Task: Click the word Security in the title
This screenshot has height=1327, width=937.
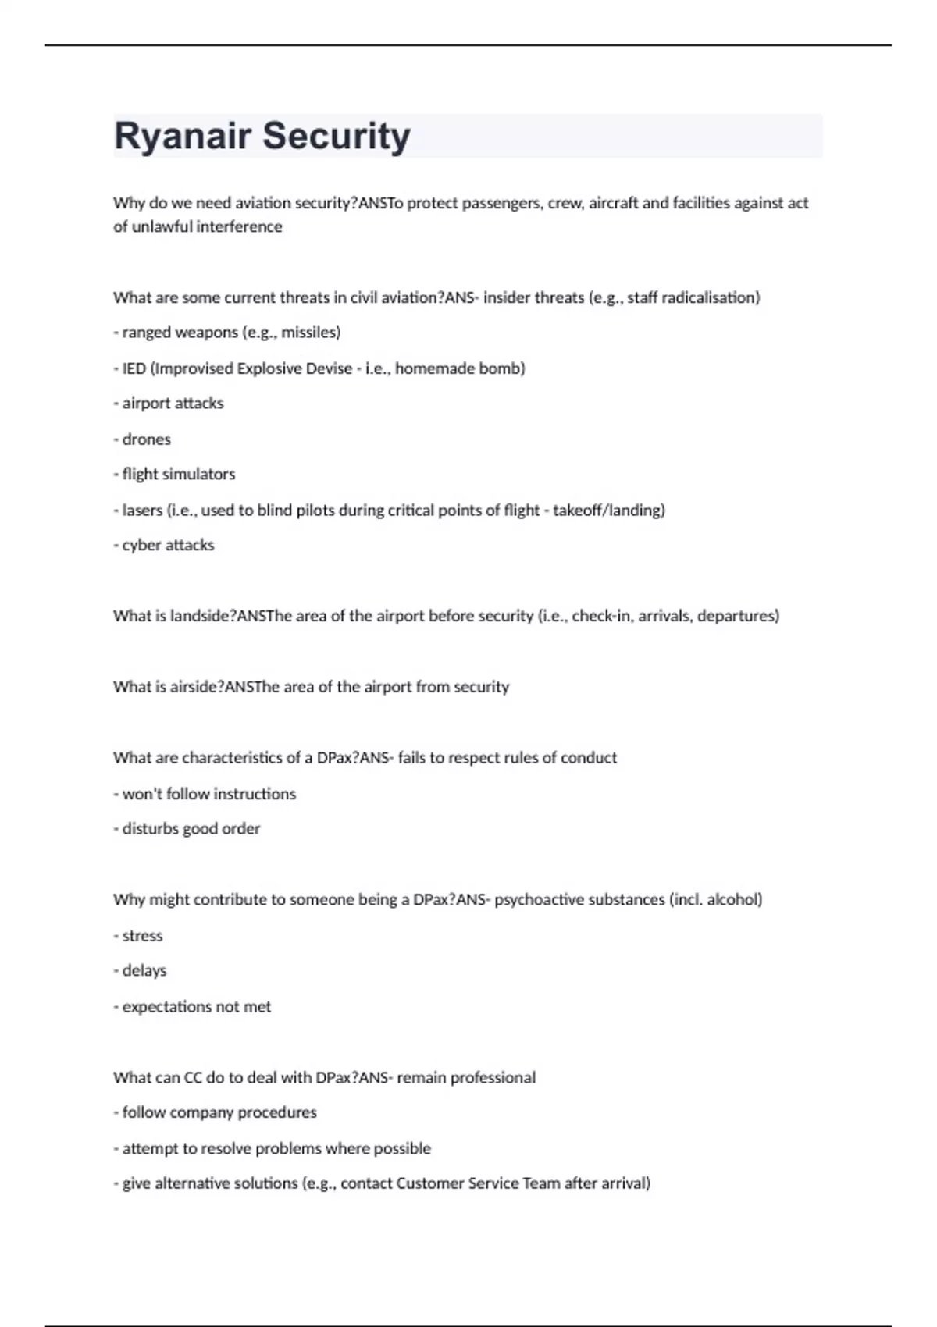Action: pyautogui.click(x=336, y=137)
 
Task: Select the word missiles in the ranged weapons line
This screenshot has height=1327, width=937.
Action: pyautogui.click(x=310, y=333)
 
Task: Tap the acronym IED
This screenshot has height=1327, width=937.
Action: pyautogui.click(x=134, y=368)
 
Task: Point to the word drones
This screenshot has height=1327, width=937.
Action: pyautogui.click(x=146, y=439)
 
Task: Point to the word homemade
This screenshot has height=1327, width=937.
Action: pyautogui.click(x=434, y=368)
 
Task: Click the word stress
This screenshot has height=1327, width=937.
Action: pyautogui.click(x=142, y=936)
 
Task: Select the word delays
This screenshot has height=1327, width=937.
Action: pyautogui.click(x=144, y=971)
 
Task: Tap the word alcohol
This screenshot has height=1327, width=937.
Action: pyautogui.click(x=734, y=900)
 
